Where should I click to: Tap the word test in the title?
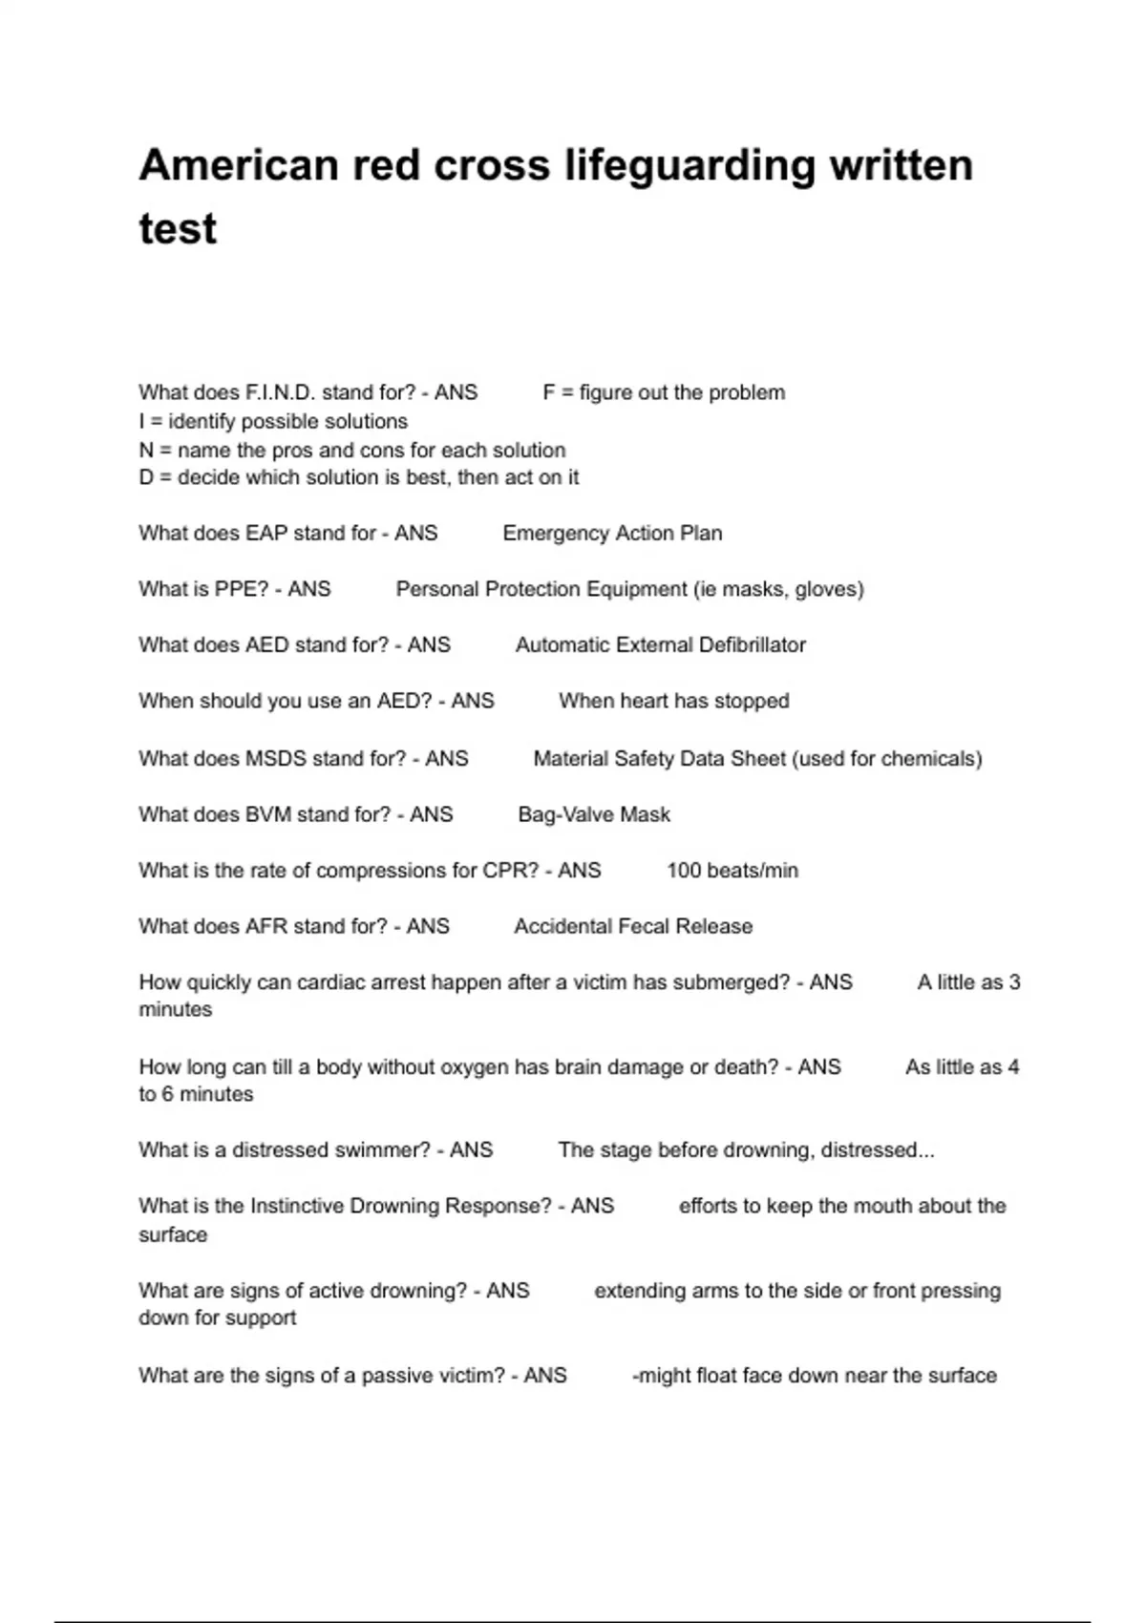click(178, 229)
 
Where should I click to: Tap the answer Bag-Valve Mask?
click(594, 814)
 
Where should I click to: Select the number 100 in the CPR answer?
click(685, 871)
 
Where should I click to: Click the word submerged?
click(711, 982)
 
